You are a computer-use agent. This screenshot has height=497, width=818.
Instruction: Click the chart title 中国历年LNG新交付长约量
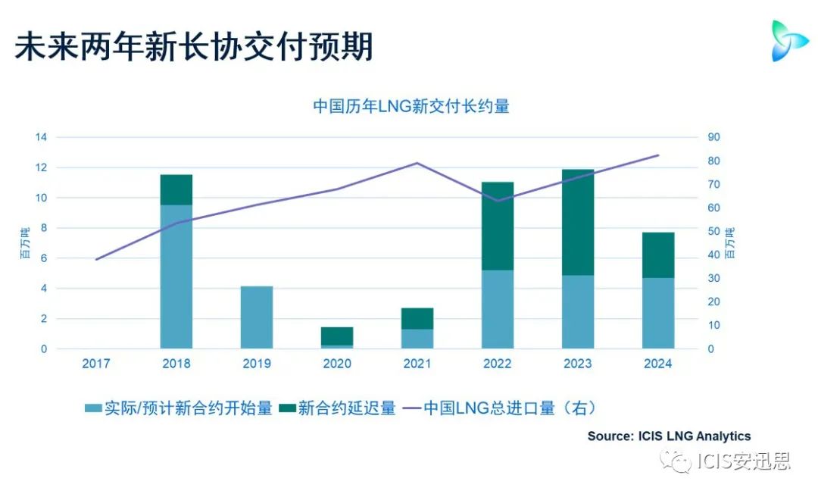411,106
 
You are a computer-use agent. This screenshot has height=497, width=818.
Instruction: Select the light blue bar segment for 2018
176,277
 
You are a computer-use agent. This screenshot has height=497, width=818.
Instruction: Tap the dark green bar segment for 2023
578,222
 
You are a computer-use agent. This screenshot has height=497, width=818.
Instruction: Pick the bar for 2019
257,317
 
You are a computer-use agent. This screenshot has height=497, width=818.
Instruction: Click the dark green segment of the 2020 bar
337,336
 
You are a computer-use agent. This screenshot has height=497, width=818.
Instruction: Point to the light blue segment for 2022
498,309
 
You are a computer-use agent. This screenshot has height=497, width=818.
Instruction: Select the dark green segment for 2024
658,255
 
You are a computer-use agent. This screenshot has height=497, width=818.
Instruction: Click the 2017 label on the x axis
96,364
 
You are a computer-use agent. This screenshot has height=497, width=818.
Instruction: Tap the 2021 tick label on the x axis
417,364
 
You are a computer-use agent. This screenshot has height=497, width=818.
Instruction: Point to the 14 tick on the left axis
41,137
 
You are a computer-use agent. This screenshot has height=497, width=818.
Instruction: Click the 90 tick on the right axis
713,137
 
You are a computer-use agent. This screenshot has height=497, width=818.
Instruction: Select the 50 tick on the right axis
713,231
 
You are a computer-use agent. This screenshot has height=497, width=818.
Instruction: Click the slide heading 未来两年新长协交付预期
194,47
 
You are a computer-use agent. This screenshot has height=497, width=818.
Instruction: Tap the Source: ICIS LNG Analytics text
669,436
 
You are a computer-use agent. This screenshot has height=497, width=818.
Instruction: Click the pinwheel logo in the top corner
789,40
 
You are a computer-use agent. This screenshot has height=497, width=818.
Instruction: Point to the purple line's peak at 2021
417,163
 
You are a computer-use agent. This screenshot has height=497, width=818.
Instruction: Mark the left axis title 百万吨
25,243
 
